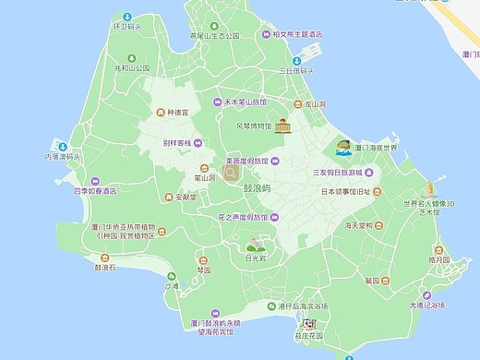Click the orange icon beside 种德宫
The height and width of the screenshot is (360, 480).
(160, 112)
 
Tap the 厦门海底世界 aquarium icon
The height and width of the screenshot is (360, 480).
(342, 148)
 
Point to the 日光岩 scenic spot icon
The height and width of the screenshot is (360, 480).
(253, 246)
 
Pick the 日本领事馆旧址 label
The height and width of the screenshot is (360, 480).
(345, 192)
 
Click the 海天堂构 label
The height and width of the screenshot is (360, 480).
(359, 225)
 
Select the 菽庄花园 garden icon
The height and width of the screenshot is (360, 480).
(309, 325)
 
